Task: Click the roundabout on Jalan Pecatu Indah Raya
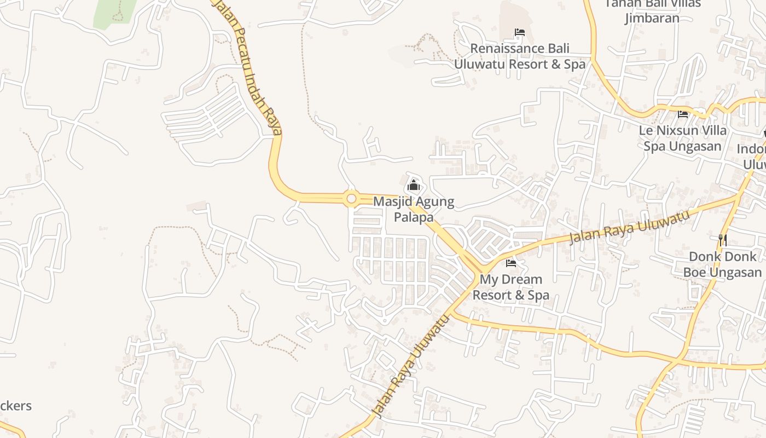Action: tap(351, 199)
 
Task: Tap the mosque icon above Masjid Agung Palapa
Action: tap(414, 186)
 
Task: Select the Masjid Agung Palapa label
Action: tap(414, 209)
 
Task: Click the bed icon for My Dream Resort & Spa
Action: tap(511, 263)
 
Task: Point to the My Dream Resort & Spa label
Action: tap(511, 287)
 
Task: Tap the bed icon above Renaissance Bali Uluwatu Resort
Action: tap(520, 33)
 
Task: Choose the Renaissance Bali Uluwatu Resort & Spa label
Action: tap(520, 56)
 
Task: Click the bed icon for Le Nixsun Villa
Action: tap(683, 114)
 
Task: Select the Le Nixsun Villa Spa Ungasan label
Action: tap(685, 138)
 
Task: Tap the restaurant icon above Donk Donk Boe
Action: tap(723, 240)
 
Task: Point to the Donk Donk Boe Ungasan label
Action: tap(722, 264)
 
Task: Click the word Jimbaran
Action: tap(652, 18)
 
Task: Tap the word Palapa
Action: tap(414, 217)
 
